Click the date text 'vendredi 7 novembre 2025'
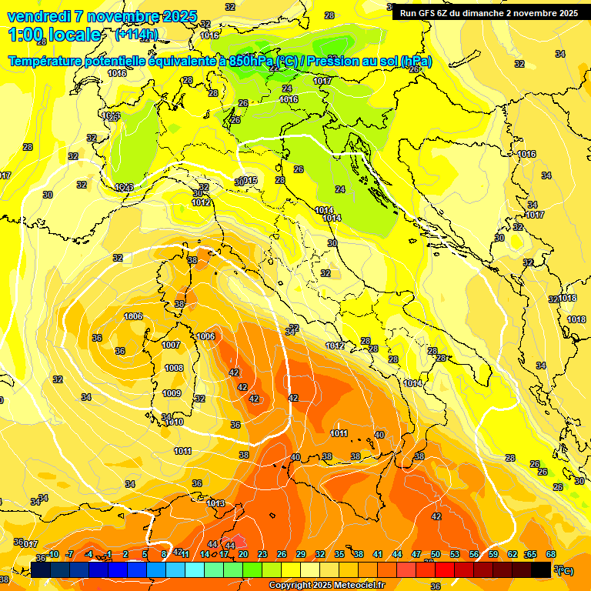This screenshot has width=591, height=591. click(102, 16)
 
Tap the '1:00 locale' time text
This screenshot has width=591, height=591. click(55, 35)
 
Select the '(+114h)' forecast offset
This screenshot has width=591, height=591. click(136, 35)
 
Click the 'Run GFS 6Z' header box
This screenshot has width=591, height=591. click(489, 13)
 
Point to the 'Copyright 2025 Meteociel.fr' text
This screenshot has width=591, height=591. click(326, 585)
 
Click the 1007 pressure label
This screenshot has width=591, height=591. click(171, 345)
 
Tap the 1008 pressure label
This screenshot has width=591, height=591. click(174, 368)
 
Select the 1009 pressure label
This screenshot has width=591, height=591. click(172, 393)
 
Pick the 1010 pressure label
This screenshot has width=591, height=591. click(175, 422)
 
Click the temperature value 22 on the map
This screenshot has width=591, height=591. click(273, 68)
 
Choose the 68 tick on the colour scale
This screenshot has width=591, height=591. click(551, 554)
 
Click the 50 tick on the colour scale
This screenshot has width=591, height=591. click(436, 554)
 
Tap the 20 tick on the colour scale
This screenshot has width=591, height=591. click(243, 554)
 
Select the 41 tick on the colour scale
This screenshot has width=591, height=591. click(378, 554)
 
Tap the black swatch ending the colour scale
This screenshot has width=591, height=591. click(541, 569)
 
